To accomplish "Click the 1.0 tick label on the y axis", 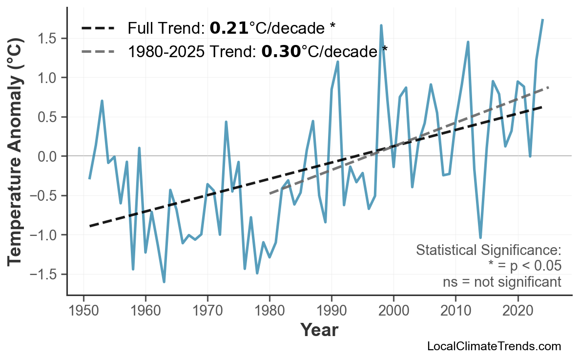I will coord(49,78).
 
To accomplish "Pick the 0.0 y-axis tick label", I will coord(49,156).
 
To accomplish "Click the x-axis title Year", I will coord(319,330).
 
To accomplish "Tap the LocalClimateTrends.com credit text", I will coord(494,346).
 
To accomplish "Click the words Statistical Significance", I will coord(488,251).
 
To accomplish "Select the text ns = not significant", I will coord(502,282).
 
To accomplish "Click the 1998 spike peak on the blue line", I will coord(381,25).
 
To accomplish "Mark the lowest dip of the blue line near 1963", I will coord(164,282).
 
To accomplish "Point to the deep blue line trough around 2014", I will coord(480,238).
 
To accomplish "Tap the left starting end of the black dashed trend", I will coord(90,226).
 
